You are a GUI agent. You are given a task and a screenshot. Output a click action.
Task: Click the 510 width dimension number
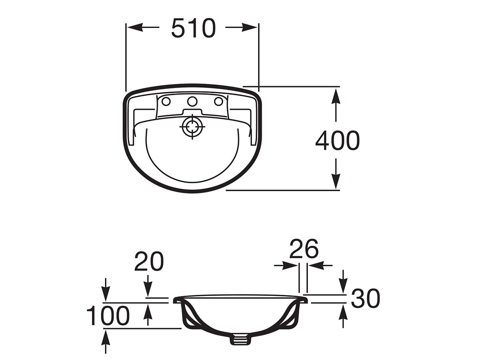point(193,28)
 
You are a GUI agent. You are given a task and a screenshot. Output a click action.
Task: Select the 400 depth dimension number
point(337,141)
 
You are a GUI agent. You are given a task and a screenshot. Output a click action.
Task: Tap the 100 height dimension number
point(108,316)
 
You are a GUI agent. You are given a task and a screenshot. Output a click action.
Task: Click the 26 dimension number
point(304,249)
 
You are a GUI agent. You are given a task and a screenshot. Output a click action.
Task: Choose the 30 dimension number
point(365,299)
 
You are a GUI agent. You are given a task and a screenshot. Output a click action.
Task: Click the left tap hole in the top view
point(166,101)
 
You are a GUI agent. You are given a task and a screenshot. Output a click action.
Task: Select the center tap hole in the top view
point(192,101)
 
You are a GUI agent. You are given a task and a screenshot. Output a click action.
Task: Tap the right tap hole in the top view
point(218,101)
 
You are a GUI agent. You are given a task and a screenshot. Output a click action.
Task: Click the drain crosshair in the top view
point(192,127)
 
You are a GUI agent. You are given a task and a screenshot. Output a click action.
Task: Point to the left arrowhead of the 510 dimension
point(132,27)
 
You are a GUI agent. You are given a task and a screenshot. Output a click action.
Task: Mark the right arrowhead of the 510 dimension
point(253,27)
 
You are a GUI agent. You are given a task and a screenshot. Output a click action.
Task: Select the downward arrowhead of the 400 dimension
point(336,184)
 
